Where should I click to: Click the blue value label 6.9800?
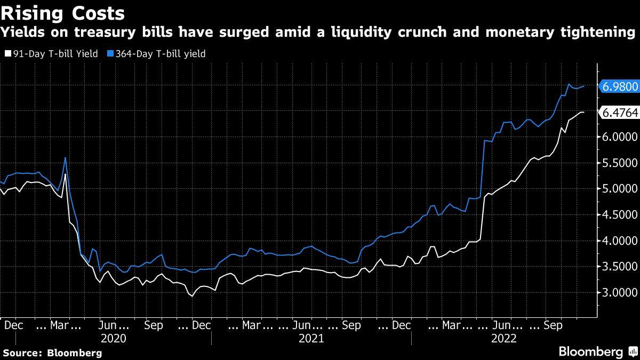pyautogui.click(x=619, y=86)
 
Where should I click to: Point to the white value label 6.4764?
pyautogui.click(x=619, y=112)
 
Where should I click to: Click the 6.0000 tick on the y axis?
pyautogui.click(x=619, y=137)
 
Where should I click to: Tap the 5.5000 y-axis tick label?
pyautogui.click(x=619, y=163)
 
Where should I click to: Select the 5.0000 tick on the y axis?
pyautogui.click(x=619, y=189)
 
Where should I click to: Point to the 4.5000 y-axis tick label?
pyautogui.click(x=619, y=215)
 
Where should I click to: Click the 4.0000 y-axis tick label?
pyautogui.click(x=619, y=241)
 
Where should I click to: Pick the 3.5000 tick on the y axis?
pyautogui.click(x=619, y=267)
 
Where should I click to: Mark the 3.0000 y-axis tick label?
pyautogui.click(x=619, y=293)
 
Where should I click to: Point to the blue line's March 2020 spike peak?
pyautogui.click(x=65, y=157)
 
